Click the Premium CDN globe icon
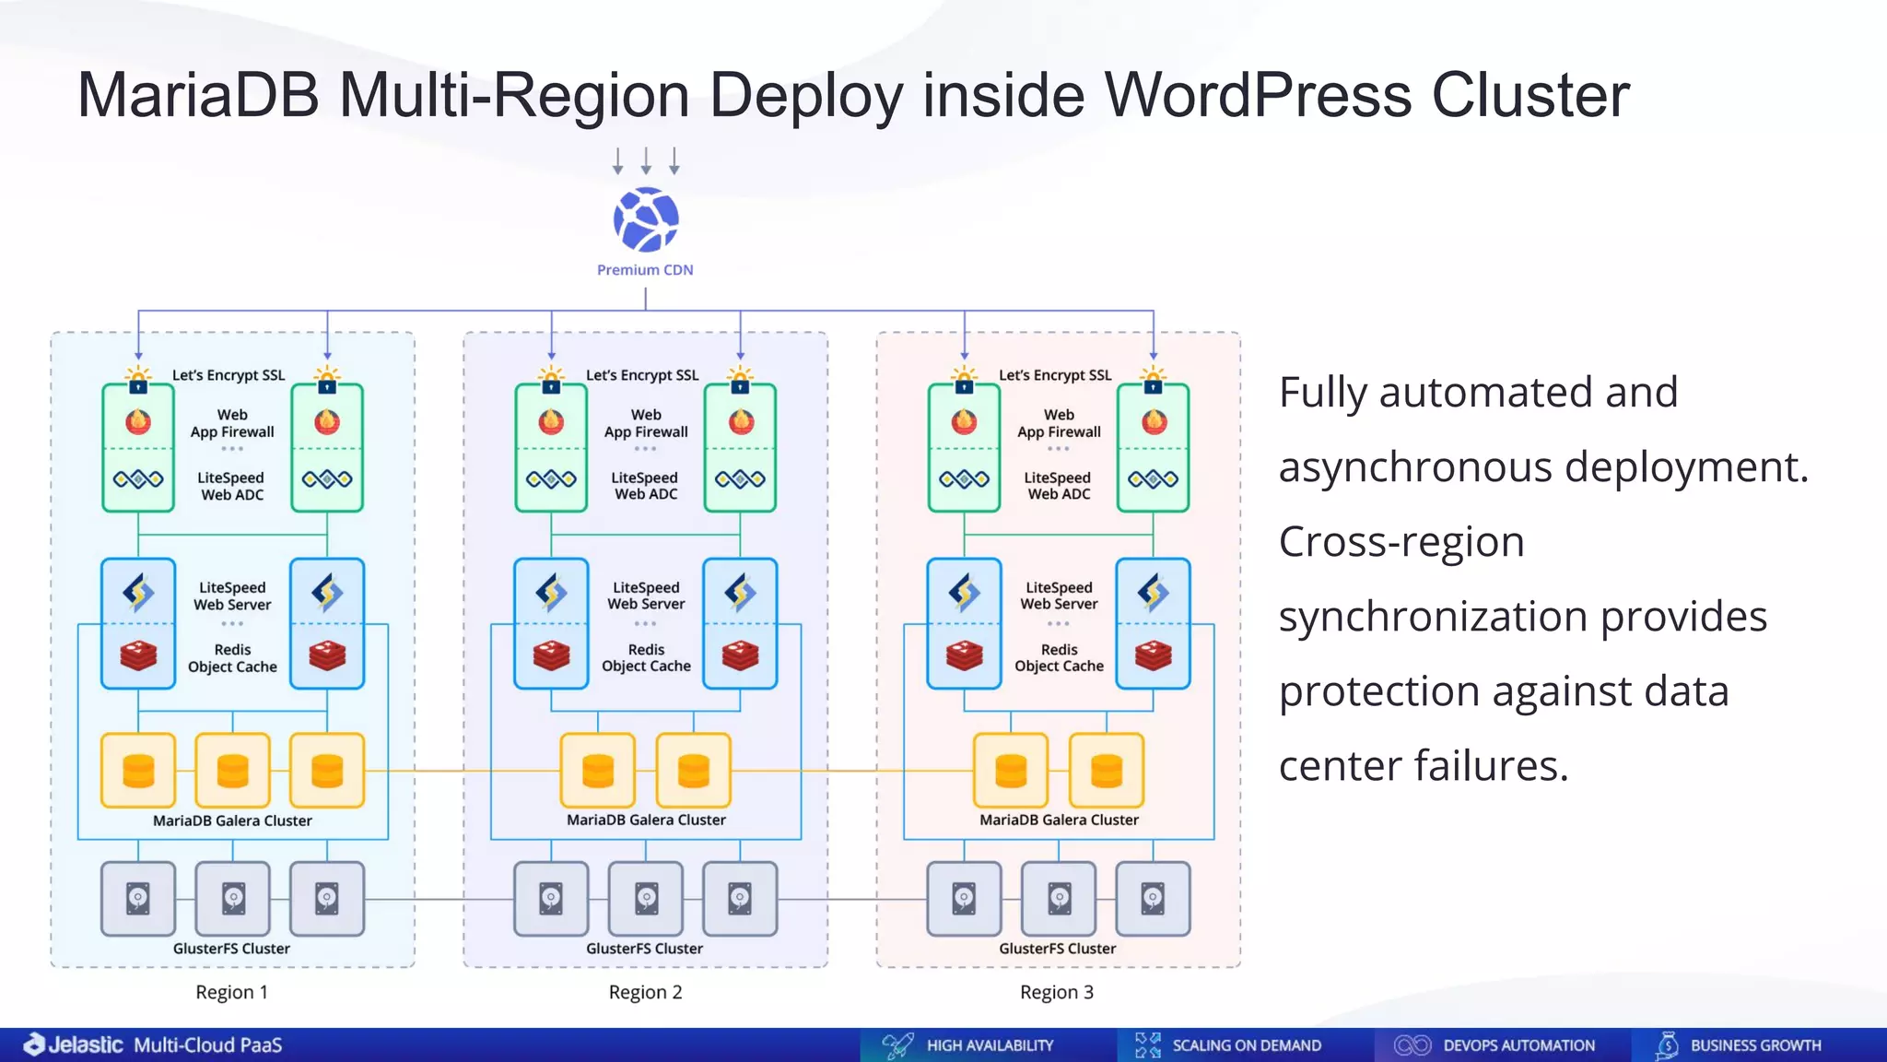pyautogui.click(x=646, y=219)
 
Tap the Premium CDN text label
pyautogui.click(x=645, y=270)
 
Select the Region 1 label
pyautogui.click(x=231, y=992)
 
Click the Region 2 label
pyautogui.click(x=645, y=992)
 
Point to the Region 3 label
pyautogui.click(x=1056, y=992)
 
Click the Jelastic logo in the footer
pyautogui.click(x=74, y=1044)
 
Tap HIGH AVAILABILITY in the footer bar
pyautogui.click(x=989, y=1045)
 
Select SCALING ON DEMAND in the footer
pyautogui.click(x=1246, y=1045)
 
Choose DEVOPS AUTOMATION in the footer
pyautogui.click(x=1518, y=1045)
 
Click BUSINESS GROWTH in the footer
pyautogui.click(x=1755, y=1045)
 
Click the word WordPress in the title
pyautogui.click(x=1259, y=95)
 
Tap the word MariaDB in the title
pyautogui.click(x=198, y=95)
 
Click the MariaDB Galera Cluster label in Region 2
pyautogui.click(x=646, y=820)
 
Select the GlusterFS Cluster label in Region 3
pyautogui.click(x=1057, y=949)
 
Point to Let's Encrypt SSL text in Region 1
pyautogui.click(x=229, y=375)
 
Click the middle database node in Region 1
pyautogui.click(x=232, y=771)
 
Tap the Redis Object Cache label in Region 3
pyautogui.click(x=1059, y=657)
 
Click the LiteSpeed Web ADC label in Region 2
pyautogui.click(x=645, y=486)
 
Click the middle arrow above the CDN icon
pyautogui.click(x=646, y=160)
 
